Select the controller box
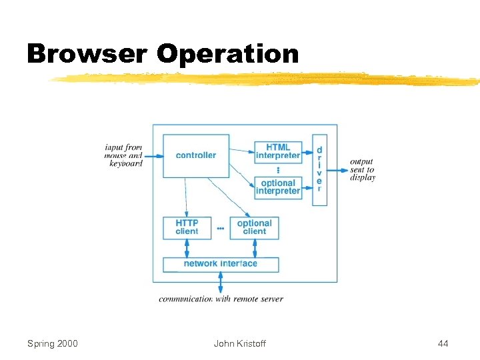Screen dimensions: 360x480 point(196,155)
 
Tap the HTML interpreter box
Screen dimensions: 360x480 point(278,151)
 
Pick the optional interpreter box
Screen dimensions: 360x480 point(278,187)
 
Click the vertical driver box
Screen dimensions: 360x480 point(319,169)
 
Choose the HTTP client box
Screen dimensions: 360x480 point(187,227)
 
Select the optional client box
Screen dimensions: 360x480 point(254,227)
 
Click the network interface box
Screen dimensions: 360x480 point(221,263)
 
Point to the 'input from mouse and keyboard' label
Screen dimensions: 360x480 point(124,155)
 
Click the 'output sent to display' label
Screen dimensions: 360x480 point(362,169)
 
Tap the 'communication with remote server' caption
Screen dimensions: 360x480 point(221,299)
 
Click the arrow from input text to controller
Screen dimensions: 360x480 point(153,156)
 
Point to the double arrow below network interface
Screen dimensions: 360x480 point(221,282)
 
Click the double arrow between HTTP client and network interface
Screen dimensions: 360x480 point(187,248)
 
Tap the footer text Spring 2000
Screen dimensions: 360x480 point(52,343)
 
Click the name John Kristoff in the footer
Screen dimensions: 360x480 point(239,343)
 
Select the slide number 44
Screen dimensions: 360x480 point(443,343)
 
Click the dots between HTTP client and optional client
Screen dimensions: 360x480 point(221,229)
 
